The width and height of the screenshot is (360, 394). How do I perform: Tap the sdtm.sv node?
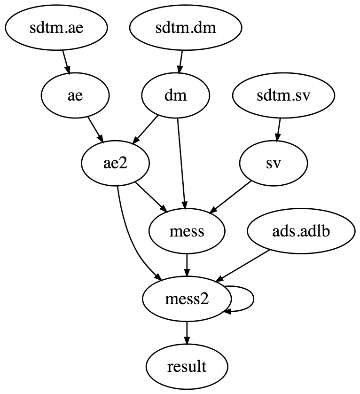283,96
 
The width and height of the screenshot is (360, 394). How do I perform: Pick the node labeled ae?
75,96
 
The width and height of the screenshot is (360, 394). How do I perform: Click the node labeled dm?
176,96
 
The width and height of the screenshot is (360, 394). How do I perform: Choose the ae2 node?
116,164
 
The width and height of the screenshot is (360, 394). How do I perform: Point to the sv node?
274,164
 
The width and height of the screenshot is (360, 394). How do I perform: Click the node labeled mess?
187,232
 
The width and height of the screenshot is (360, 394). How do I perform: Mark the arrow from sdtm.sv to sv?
279,130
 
